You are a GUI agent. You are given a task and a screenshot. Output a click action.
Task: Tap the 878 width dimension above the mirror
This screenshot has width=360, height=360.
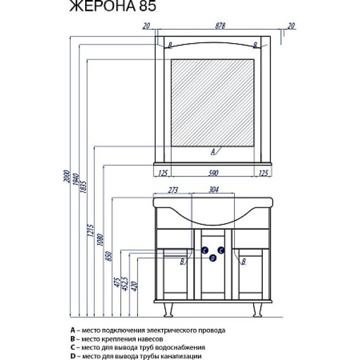coord(214,25)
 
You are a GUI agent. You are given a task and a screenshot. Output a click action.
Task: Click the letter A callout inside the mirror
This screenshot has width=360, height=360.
coord(213,152)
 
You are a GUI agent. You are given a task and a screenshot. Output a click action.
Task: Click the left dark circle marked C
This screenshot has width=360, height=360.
coord(205,250)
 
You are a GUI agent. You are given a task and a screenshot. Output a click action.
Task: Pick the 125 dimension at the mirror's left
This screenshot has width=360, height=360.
coord(162,173)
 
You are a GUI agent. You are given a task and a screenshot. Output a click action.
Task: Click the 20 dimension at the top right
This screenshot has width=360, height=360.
coord(292,25)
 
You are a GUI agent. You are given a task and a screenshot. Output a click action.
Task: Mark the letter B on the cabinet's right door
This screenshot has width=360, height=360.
coord(244,261)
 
